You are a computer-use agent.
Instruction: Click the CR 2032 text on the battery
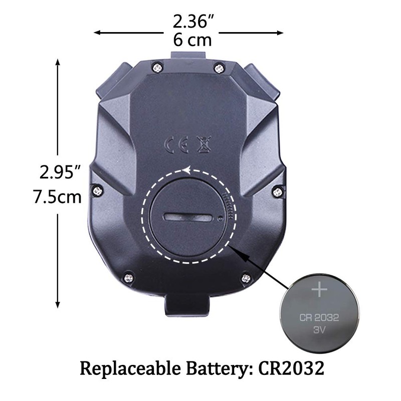coord(320,317)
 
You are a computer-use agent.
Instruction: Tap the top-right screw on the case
coord(219,67)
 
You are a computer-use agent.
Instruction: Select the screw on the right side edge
coord(276,191)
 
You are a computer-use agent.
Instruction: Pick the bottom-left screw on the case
coord(129,276)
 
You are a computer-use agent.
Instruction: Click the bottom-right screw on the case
coord(246,278)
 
